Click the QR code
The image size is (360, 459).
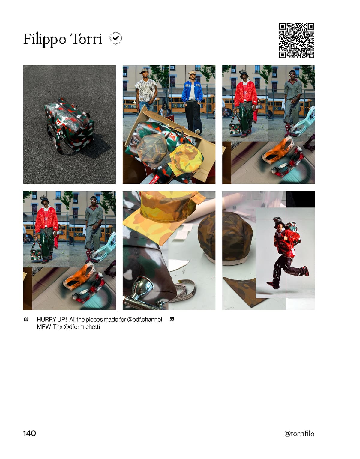(296, 40)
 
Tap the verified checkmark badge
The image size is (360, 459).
(116, 38)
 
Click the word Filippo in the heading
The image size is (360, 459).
(45, 39)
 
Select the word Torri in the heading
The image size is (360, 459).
(86, 39)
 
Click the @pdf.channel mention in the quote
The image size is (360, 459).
(145, 320)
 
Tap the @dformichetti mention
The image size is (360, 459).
(82, 327)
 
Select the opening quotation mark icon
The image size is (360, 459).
(26, 319)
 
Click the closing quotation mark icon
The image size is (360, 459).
(172, 319)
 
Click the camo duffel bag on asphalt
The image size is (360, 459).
(69, 126)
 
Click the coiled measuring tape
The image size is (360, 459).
(183, 291)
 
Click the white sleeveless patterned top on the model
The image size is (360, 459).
(146, 89)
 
